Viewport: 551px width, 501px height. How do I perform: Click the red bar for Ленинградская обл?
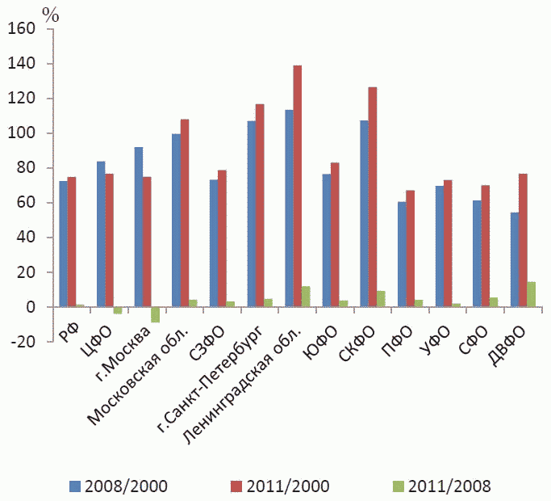[x=298, y=186]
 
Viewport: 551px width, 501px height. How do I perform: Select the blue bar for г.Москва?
[x=139, y=227]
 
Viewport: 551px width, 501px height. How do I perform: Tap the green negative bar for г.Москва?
[x=156, y=315]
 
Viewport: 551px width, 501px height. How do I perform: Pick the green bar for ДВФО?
[x=532, y=294]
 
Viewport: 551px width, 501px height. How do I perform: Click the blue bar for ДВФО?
[x=515, y=260]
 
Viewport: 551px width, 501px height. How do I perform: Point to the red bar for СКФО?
[x=373, y=197]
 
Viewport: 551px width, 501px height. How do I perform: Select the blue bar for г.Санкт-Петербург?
[x=252, y=214]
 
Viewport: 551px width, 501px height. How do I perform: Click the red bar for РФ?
[x=72, y=242]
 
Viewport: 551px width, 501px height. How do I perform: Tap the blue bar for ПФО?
[x=402, y=255]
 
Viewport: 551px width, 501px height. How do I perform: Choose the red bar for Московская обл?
[x=185, y=213]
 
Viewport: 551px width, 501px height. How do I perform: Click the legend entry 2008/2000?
[x=119, y=486]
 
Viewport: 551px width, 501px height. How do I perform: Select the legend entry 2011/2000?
[x=280, y=486]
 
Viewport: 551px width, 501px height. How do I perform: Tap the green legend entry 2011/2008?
[x=442, y=486]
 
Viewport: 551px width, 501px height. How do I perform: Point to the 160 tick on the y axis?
[x=22, y=29]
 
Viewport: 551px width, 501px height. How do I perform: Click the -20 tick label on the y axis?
[x=23, y=342]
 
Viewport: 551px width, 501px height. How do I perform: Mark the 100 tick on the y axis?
[x=22, y=133]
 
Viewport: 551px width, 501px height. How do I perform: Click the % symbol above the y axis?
[x=51, y=15]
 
